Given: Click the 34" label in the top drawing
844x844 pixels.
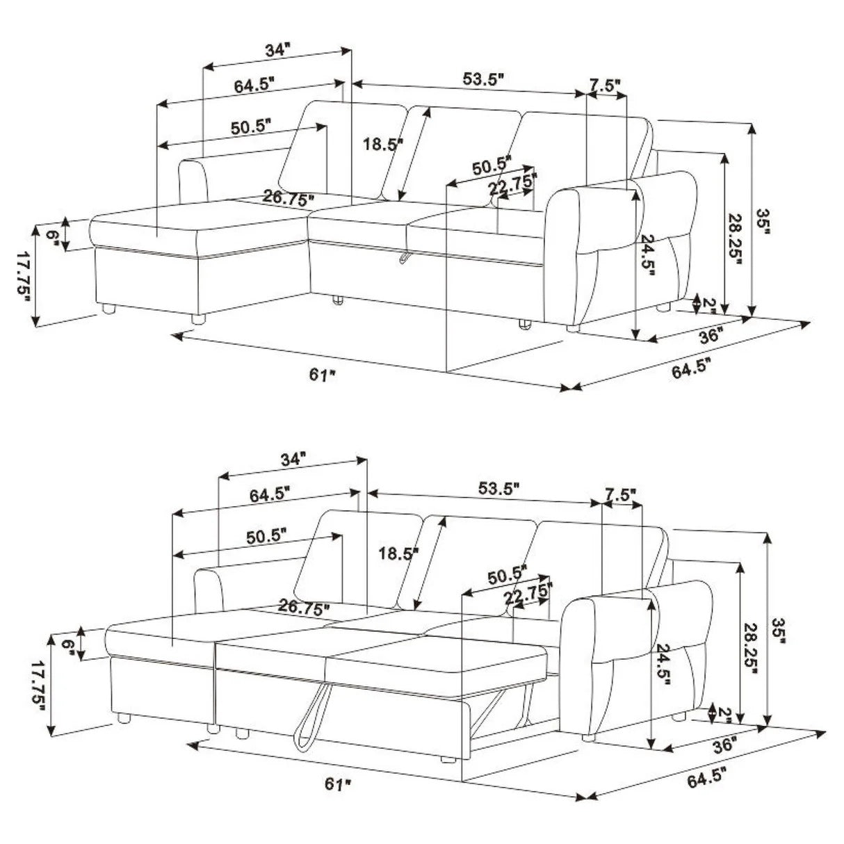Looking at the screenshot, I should (x=276, y=50).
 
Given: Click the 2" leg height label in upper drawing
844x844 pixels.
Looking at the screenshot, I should (x=709, y=303).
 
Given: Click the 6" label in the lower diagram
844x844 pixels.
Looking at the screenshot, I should (x=68, y=644).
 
